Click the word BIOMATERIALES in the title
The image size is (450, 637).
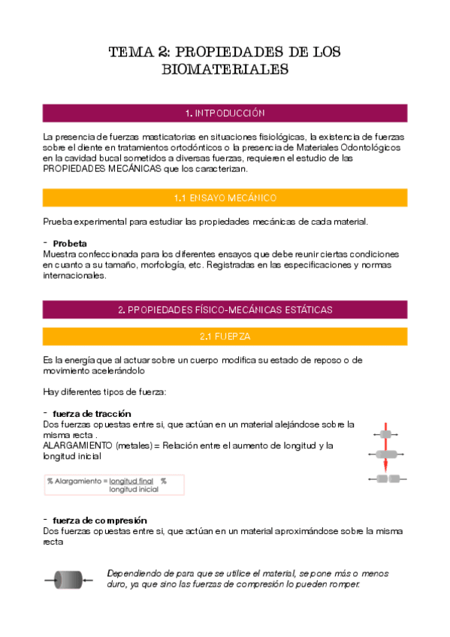coord(225,69)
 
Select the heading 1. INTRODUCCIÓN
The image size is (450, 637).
coord(225,113)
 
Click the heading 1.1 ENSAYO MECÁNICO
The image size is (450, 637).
coord(225,198)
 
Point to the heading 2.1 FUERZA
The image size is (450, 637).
coord(225,336)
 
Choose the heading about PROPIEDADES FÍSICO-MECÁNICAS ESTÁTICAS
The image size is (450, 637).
coord(225,309)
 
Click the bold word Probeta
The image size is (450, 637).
coord(70,243)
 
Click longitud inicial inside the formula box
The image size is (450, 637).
coord(133,490)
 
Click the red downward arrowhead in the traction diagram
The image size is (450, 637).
coord(386,468)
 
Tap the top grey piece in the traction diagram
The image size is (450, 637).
coord(386,434)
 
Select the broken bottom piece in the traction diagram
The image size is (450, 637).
coord(388,479)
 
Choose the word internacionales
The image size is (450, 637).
coord(74,275)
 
